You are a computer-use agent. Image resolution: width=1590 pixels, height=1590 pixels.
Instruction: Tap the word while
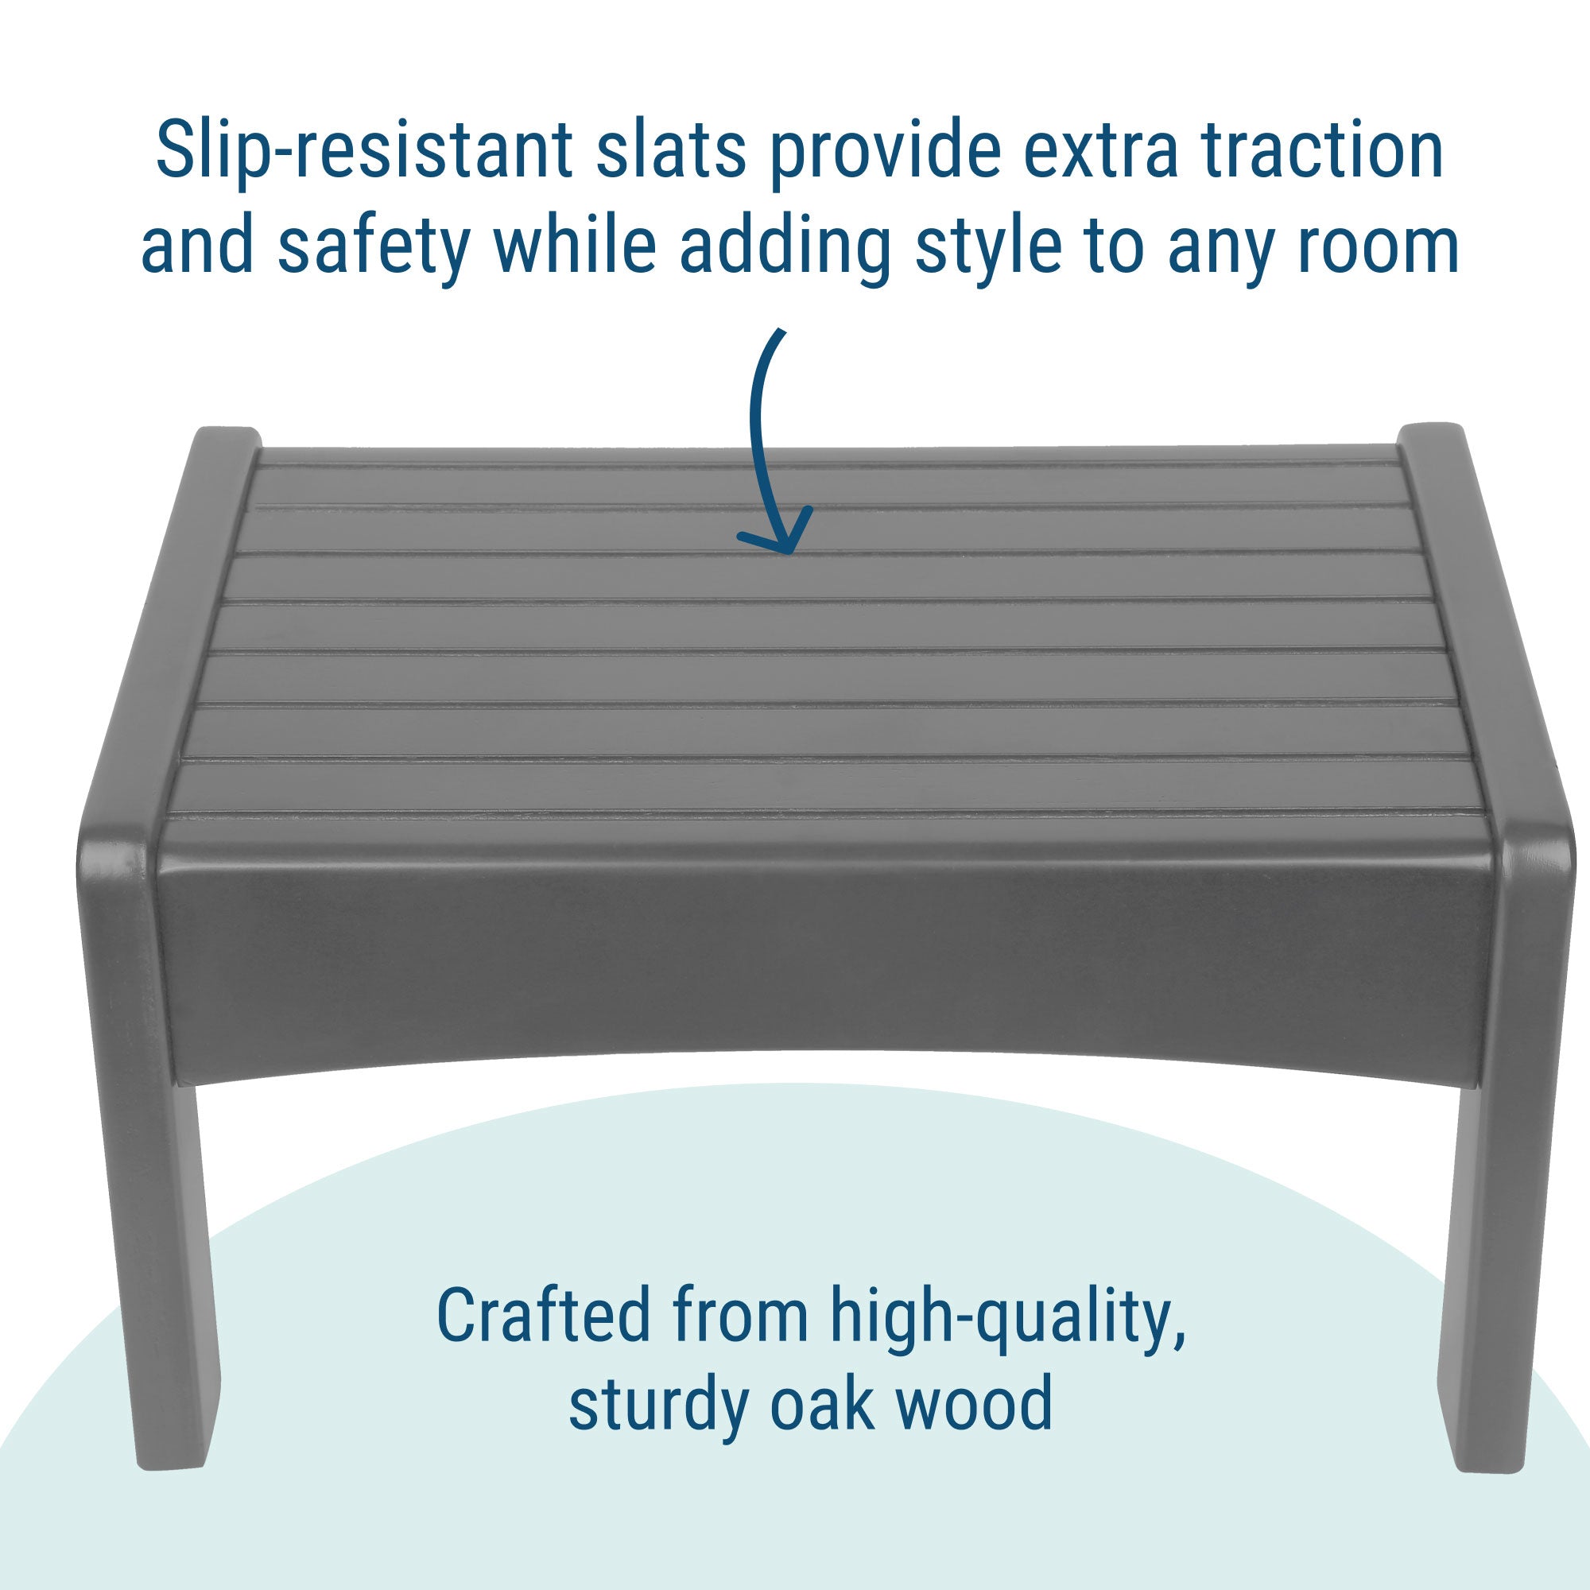point(575,242)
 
